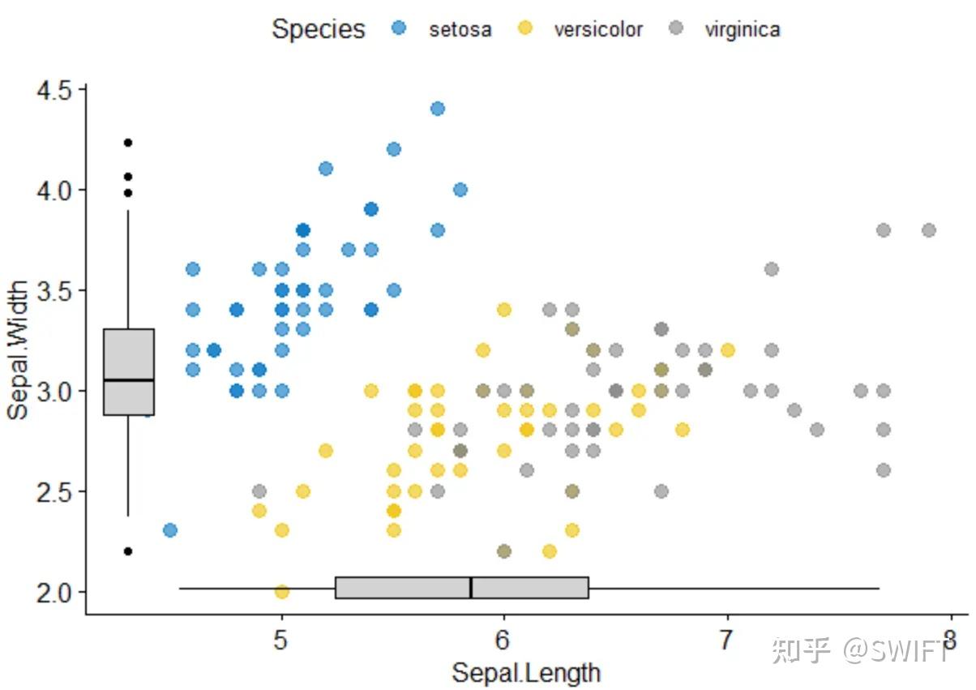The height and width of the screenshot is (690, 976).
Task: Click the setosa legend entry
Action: point(444,30)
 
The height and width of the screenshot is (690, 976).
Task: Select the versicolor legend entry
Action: point(580,30)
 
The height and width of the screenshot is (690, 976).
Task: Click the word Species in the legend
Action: point(318,29)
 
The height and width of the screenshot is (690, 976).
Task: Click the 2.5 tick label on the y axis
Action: point(55,491)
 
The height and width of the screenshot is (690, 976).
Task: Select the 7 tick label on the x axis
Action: point(726,640)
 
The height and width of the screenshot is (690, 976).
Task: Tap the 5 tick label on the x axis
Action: point(281,640)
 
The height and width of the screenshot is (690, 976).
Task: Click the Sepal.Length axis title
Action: point(526,672)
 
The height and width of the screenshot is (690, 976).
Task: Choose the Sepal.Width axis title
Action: point(18,350)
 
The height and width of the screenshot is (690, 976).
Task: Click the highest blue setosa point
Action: point(438,109)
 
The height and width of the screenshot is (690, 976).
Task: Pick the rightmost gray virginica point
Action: point(929,230)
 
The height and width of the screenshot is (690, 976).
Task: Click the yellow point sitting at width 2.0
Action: point(281,592)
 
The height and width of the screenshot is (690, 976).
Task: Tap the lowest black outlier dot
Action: point(128,551)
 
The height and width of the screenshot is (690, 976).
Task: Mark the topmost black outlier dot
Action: point(128,143)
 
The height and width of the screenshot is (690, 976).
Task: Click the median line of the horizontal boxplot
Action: point(471,588)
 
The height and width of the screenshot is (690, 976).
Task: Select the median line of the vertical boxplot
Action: point(129,379)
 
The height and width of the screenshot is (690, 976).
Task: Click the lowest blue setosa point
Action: point(170,530)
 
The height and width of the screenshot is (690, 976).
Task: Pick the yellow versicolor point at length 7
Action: point(727,350)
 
